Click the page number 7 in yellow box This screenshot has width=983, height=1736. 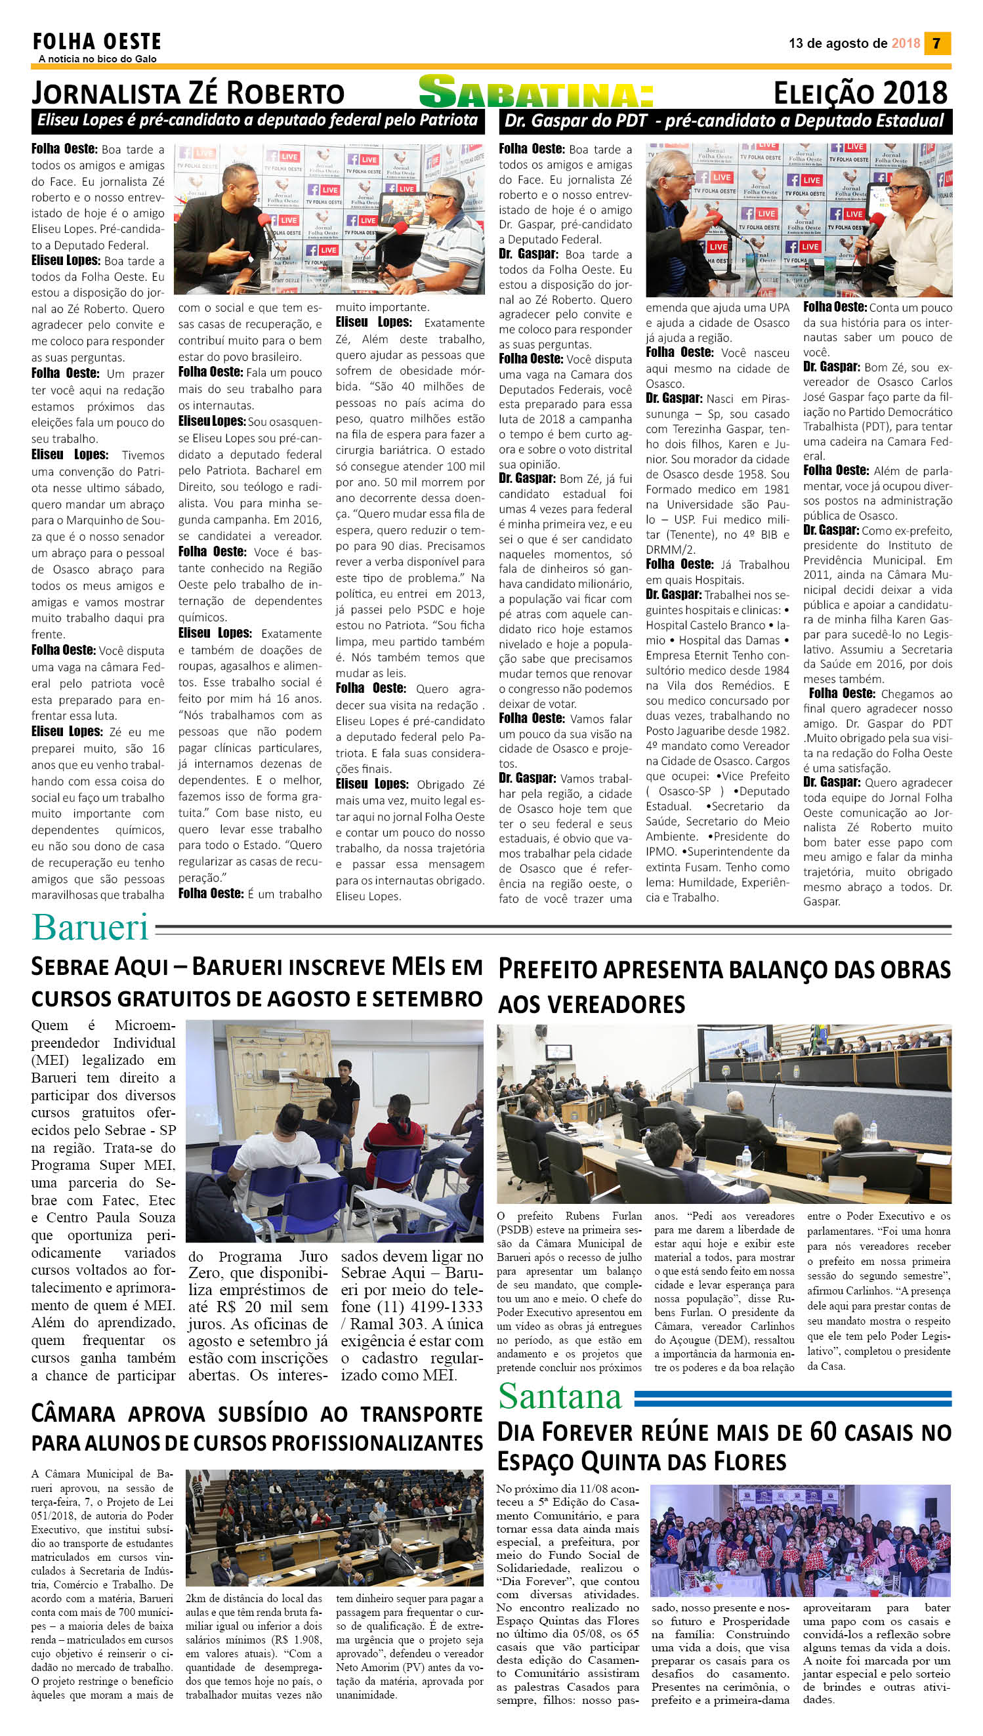[x=936, y=43]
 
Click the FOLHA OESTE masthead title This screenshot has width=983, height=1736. [x=97, y=42]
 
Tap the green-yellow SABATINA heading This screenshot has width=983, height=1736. [x=536, y=93]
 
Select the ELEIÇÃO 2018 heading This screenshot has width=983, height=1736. [x=860, y=93]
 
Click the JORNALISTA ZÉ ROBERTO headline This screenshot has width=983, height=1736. [x=188, y=93]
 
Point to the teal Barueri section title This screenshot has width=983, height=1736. [x=90, y=928]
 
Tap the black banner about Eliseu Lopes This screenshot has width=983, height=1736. [x=257, y=121]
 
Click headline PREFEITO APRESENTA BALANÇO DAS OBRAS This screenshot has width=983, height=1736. [x=724, y=987]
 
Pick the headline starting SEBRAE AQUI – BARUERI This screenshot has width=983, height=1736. [x=257, y=982]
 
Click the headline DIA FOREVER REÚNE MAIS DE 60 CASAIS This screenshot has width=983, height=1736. [x=724, y=1447]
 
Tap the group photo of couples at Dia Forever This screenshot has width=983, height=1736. [x=800, y=1540]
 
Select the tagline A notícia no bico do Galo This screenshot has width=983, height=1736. [x=97, y=60]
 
